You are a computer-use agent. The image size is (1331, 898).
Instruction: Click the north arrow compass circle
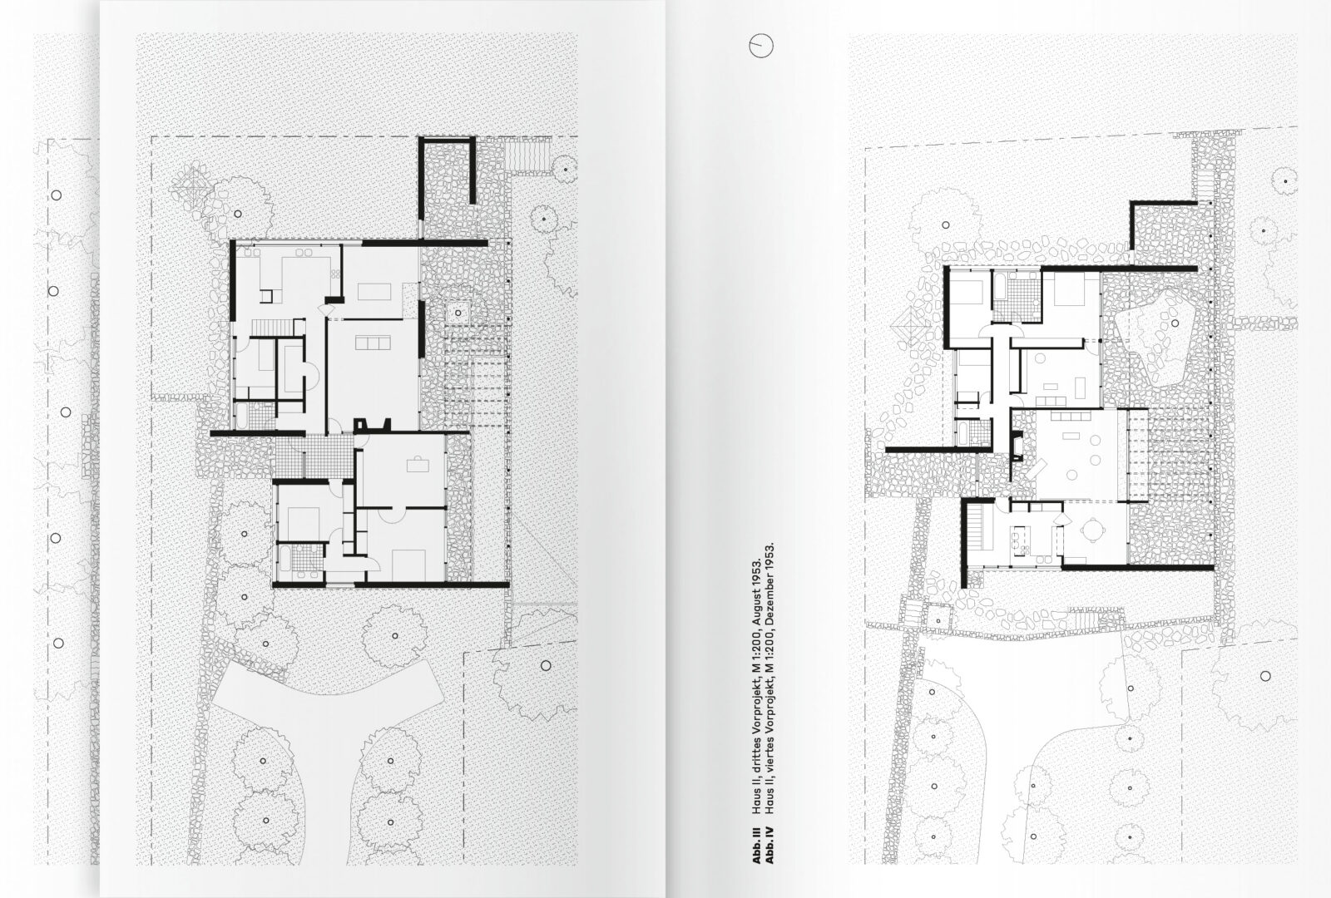pyautogui.click(x=760, y=47)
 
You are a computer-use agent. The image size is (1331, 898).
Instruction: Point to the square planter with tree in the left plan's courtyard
pyautogui.click(x=458, y=313)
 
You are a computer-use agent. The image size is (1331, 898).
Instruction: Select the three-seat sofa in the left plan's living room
pyautogui.click(x=372, y=343)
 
